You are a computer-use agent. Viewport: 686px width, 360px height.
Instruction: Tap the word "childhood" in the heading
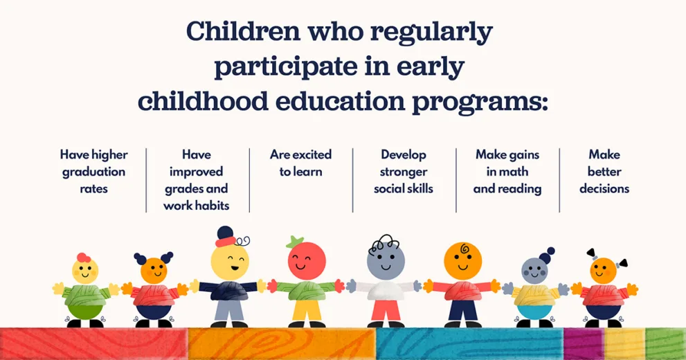point(203,101)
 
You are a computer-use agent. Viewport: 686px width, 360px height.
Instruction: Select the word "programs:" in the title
point(480,104)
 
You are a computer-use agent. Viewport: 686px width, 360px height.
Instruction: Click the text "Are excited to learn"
point(300,163)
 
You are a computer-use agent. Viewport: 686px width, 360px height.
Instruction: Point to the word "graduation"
point(93,172)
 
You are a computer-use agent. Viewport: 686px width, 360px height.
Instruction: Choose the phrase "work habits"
point(197,206)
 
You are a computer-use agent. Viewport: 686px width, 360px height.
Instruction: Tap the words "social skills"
point(404,188)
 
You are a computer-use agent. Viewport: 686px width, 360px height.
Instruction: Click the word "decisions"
point(604,188)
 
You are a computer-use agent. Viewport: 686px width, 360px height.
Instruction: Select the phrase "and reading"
point(507,189)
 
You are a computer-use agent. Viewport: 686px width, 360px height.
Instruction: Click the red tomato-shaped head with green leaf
point(306,260)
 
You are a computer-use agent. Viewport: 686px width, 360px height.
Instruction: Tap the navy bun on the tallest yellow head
point(225,233)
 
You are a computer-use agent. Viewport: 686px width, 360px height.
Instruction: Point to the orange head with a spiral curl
point(463,261)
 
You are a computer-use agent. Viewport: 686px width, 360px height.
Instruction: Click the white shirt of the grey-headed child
point(386,291)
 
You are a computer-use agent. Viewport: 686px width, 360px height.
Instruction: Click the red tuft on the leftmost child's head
point(84,258)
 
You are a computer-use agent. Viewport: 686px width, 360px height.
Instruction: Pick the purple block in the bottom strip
point(584,344)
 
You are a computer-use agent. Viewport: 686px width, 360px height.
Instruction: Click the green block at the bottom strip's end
point(665,344)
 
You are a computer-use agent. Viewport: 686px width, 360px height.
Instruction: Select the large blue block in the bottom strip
point(469,344)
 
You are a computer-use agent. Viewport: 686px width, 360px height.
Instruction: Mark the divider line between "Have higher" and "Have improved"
point(146,180)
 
